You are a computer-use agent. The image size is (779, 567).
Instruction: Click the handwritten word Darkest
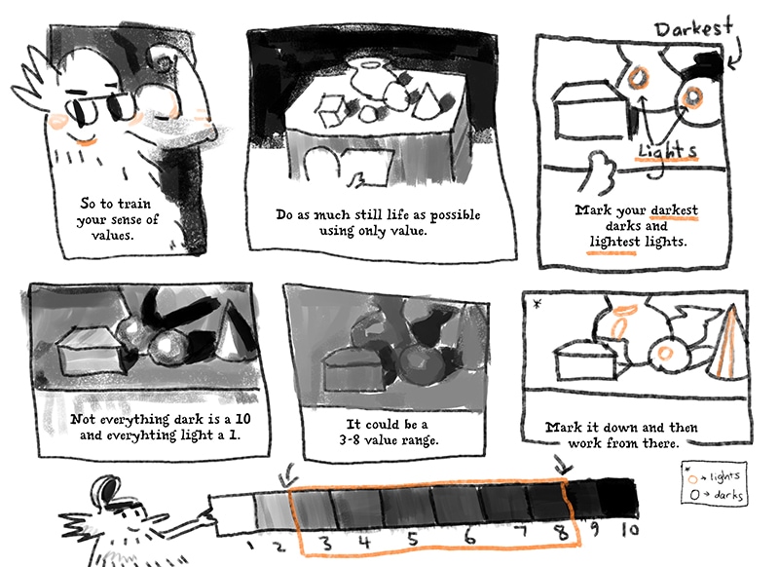pos(693,28)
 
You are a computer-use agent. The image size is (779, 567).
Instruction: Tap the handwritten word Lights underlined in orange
pos(667,150)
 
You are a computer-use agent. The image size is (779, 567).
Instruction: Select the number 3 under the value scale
pos(326,542)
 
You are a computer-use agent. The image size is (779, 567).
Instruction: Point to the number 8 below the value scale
pos(561,533)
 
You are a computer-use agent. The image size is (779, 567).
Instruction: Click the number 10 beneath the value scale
pos(630,530)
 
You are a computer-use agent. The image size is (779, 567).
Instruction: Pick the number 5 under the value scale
pos(412,539)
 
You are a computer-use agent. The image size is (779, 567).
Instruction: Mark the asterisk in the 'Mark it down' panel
pos(537,303)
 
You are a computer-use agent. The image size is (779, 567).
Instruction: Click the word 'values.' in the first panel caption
pos(112,235)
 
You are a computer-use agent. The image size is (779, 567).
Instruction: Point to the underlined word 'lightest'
pos(614,242)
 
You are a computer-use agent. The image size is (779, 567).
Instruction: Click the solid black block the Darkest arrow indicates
pos(705,64)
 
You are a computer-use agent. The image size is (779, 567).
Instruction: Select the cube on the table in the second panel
pos(331,111)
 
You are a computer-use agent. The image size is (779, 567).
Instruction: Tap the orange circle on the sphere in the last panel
pos(665,354)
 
